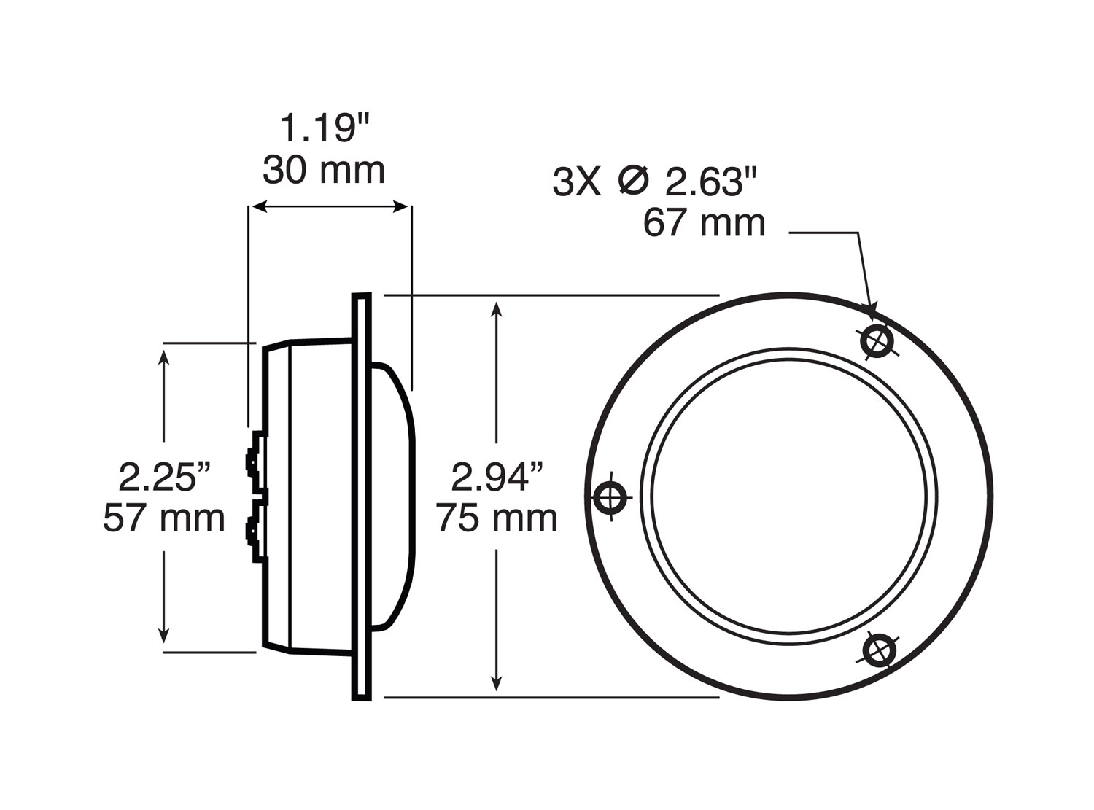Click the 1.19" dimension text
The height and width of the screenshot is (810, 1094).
pyautogui.click(x=325, y=129)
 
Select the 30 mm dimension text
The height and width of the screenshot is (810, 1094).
pyautogui.click(x=324, y=171)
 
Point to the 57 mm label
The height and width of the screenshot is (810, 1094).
pyautogui.click(x=164, y=518)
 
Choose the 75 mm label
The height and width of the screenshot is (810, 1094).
pyautogui.click(x=497, y=518)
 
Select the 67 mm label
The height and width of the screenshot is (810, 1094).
pyautogui.click(x=704, y=222)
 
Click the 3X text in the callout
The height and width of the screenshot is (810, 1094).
pyautogui.click(x=576, y=182)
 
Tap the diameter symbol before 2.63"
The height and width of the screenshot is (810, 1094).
pyautogui.click(x=632, y=181)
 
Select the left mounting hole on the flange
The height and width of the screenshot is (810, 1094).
pyautogui.click(x=610, y=498)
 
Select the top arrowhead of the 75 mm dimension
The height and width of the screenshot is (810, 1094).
pyautogui.click(x=497, y=308)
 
